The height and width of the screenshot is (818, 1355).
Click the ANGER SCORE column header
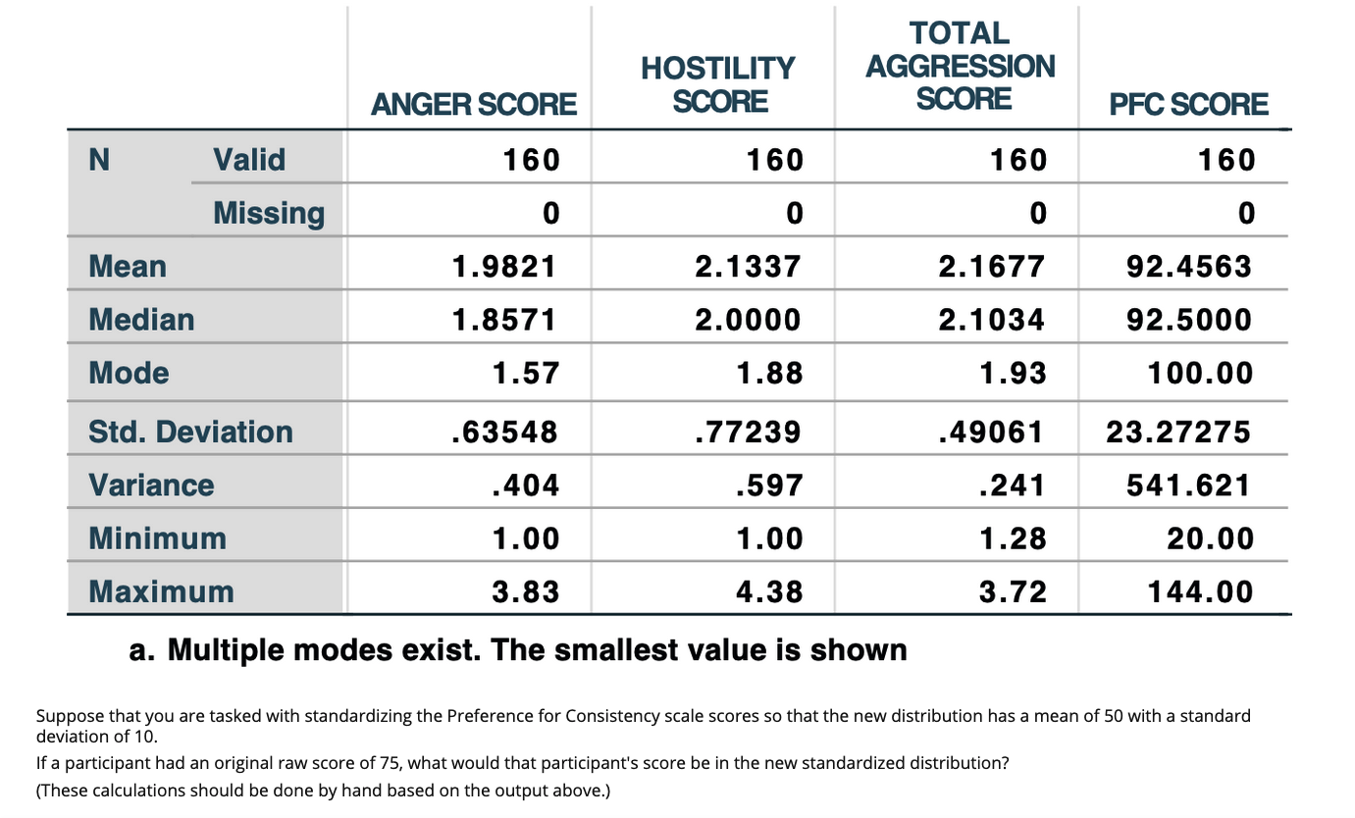point(472,104)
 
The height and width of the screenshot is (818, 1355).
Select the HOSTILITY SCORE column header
point(717,84)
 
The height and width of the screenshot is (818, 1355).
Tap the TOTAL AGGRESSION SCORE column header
point(961,66)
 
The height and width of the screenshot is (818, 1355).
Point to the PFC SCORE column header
point(1188,104)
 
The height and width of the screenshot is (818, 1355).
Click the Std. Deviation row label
point(190,432)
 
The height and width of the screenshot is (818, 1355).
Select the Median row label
point(141,320)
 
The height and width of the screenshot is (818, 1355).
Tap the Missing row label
point(269,213)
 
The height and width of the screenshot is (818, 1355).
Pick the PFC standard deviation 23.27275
point(1178,432)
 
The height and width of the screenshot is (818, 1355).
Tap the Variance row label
point(151,486)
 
